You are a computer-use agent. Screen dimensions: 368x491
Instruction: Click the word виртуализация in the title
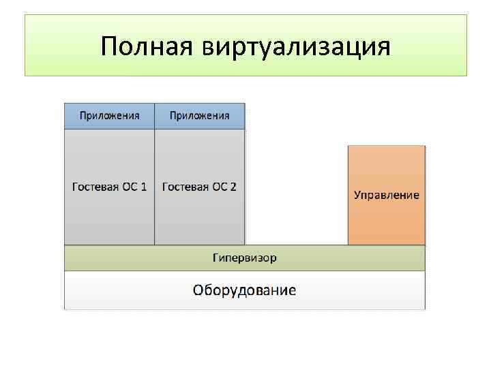(x=296, y=46)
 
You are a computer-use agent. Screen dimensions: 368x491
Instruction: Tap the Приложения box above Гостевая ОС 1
(x=109, y=116)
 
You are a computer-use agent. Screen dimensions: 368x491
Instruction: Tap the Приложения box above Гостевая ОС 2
(x=199, y=116)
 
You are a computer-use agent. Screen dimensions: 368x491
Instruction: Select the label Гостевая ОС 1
(x=109, y=187)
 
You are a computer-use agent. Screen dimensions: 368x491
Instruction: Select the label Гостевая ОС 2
(x=199, y=187)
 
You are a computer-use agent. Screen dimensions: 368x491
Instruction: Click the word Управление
(x=386, y=196)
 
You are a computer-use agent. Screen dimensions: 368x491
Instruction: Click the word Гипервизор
(x=244, y=258)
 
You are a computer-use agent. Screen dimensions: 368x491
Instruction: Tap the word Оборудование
(x=244, y=291)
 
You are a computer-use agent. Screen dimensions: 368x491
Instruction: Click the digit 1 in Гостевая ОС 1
(x=143, y=187)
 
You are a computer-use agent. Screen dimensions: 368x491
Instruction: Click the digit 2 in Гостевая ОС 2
(x=233, y=187)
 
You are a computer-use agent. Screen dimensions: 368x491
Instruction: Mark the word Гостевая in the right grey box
(x=185, y=187)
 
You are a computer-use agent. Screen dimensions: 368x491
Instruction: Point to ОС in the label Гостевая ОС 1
(x=130, y=187)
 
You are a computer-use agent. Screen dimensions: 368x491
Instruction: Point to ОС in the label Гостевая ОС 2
(x=219, y=187)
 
